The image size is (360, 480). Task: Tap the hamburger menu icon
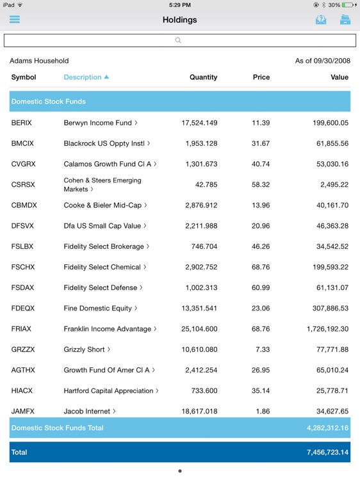tap(15, 19)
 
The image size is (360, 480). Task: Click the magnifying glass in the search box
tap(178, 40)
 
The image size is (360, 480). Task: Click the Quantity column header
tap(203, 77)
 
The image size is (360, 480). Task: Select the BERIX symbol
tap(22, 123)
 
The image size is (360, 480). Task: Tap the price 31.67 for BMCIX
tap(261, 143)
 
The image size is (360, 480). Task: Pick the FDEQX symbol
tap(23, 308)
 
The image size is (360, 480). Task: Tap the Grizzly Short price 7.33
tap(263, 349)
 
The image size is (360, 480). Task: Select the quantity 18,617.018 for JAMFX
tap(199, 412)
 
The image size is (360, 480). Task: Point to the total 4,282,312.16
tap(327, 428)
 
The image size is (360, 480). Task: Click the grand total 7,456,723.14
tap(327, 452)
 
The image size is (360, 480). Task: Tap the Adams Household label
tap(39, 61)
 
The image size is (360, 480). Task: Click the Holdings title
tap(179, 20)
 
